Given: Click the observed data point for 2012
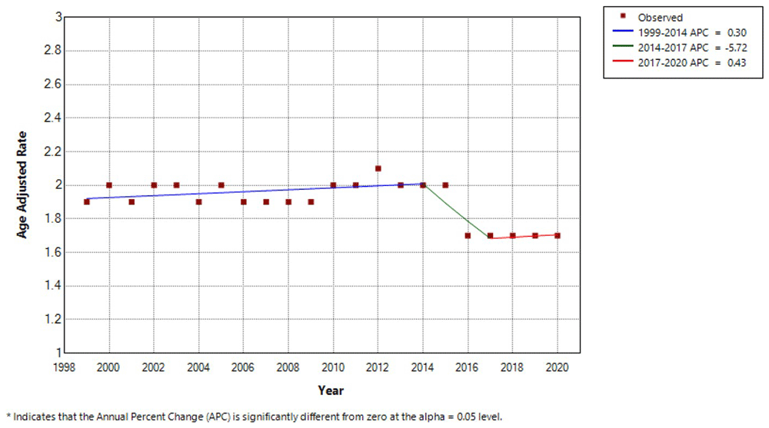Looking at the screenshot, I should coord(378,168).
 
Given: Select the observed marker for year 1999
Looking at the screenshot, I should coord(87,202).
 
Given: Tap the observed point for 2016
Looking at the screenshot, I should coord(468,236).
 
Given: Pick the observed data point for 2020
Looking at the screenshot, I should coord(557,236).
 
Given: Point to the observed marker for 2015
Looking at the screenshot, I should coord(445,185).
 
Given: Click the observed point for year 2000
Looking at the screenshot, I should coord(109,185).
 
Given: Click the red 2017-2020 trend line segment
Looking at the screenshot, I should coord(524,237).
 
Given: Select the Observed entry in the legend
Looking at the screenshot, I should coord(661,18).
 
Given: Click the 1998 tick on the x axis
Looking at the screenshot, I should coord(65,367).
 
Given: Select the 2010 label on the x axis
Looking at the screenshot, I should coord(333,367).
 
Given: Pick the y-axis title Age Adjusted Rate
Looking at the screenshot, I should coord(23,184).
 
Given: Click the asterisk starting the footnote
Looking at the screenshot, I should coord(8,416).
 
